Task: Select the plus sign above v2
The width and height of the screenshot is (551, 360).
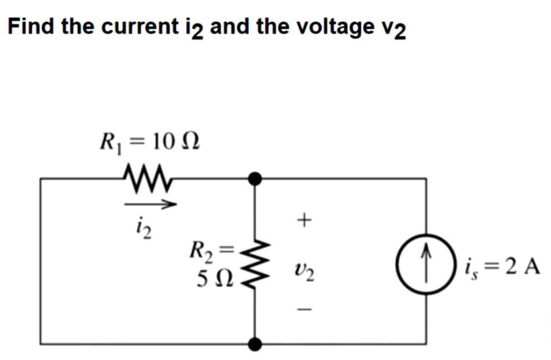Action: point(305,221)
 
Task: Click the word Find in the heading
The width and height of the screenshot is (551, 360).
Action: point(32,26)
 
